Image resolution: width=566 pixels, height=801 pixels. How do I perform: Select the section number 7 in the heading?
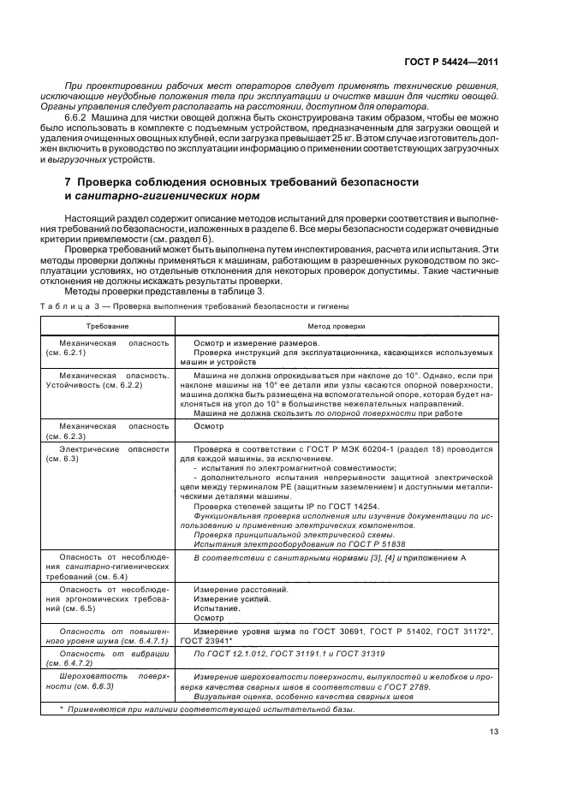click(x=69, y=182)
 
